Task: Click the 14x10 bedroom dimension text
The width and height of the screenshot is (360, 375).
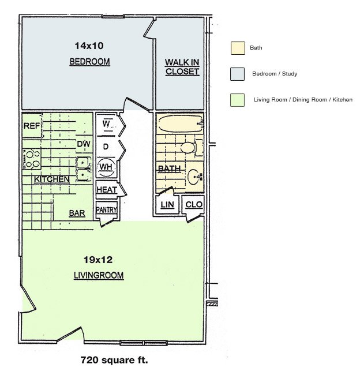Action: [x=88, y=45]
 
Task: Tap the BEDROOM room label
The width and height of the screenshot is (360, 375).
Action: [x=89, y=62]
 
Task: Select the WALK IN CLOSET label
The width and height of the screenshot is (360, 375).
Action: [x=182, y=67]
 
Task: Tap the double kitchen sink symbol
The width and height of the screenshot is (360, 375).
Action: [x=84, y=168]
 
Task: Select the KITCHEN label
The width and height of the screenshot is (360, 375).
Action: [x=51, y=179]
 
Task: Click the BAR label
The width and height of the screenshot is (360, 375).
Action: [x=77, y=213]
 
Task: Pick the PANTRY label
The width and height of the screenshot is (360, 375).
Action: [x=106, y=210]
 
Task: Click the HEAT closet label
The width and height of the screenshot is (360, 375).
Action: [x=106, y=190]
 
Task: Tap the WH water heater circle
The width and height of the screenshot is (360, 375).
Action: [x=106, y=167]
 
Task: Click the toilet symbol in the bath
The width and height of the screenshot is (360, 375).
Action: [x=189, y=148]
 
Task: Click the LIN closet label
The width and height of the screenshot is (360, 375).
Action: [x=167, y=205]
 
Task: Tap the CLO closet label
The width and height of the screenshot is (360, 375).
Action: [x=193, y=205]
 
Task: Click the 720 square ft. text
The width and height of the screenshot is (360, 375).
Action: [x=114, y=361]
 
